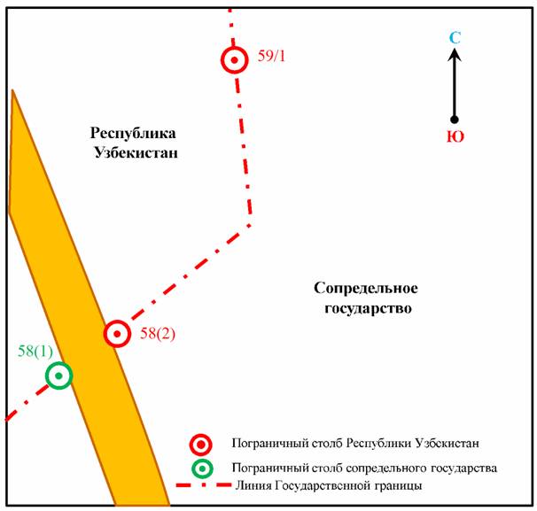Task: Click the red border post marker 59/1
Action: coord(234,60)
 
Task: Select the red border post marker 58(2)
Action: coord(117,334)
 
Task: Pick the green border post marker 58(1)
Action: coord(58,376)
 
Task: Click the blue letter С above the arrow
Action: coord(455,38)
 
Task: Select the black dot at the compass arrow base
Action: coord(455,120)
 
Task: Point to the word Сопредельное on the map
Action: coord(365,289)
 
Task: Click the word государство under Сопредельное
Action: coord(365,309)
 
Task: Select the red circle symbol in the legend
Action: coord(202,444)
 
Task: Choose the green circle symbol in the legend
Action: coord(202,468)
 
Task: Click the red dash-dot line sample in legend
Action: coord(202,486)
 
